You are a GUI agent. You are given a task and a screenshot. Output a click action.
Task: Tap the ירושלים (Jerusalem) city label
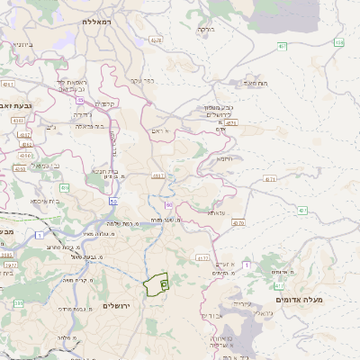[x=117, y=306]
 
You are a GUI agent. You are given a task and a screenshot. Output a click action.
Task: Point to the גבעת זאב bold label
[x=19, y=105]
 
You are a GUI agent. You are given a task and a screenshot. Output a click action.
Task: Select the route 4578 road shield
[x=157, y=40]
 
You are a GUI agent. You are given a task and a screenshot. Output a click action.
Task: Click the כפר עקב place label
[x=142, y=81]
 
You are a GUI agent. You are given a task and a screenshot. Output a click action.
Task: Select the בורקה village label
[x=206, y=30]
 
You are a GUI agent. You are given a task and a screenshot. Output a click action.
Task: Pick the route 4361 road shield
[x=8, y=84]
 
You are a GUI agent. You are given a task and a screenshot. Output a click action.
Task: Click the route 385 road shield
[x=18, y=304]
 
